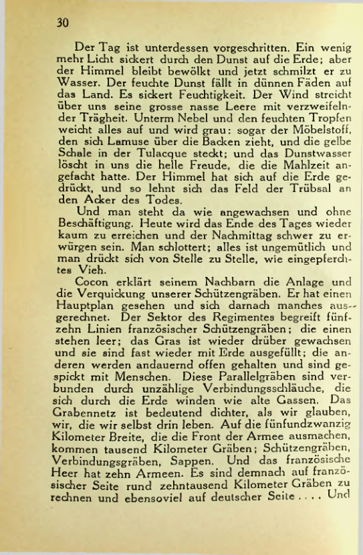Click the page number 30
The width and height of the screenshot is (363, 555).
(64, 23)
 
